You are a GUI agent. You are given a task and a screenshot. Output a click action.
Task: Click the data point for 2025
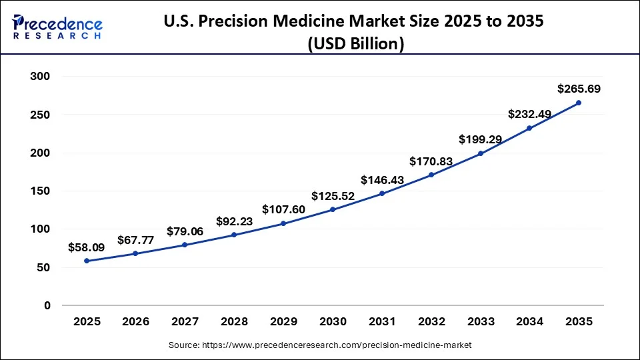(87, 261)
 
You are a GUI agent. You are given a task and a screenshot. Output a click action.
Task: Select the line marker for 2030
(333, 209)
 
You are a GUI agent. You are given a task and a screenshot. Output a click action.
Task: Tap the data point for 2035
(579, 103)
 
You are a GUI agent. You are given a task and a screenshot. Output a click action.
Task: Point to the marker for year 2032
(431, 175)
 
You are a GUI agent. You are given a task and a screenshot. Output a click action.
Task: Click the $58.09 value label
(87, 247)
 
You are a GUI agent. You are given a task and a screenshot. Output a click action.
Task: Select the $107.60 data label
(283, 209)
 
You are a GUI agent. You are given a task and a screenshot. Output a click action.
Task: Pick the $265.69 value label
(579, 89)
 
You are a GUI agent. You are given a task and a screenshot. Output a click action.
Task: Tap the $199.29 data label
(481, 139)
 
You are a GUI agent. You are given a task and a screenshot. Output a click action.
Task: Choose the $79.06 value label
(185, 231)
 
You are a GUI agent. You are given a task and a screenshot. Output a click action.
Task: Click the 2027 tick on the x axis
(185, 321)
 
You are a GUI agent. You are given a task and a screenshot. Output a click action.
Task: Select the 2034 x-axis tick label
(529, 321)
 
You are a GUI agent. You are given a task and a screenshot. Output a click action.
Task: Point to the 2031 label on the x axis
(382, 321)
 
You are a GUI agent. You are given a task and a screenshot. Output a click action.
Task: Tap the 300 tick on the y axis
(41, 77)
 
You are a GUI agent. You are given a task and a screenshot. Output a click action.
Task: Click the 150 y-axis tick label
(41, 191)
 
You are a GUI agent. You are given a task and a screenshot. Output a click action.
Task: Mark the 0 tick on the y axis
(47, 306)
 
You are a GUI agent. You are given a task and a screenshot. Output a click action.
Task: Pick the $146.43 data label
(382, 180)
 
